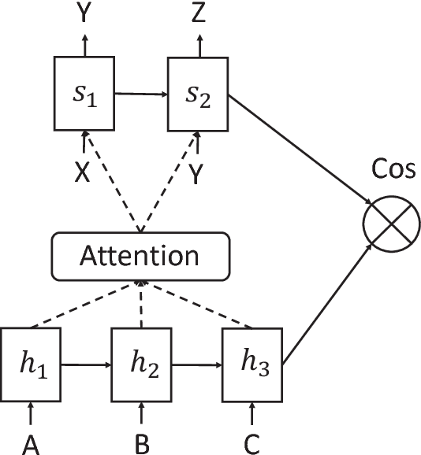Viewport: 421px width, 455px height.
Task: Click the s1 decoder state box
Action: [84, 93]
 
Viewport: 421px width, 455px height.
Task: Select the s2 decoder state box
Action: [198, 93]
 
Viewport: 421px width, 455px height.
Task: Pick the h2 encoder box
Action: [141, 364]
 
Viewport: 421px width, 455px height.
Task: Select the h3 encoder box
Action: [251, 364]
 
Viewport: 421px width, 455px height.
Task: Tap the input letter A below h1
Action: [30, 443]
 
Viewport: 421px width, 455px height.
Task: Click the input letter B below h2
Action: [141, 443]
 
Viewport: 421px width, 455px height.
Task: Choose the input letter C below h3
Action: [251, 443]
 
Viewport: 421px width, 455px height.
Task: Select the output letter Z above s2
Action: [199, 13]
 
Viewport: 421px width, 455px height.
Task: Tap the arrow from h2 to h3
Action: [196, 364]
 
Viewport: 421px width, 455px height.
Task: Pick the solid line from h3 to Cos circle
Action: [327, 303]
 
